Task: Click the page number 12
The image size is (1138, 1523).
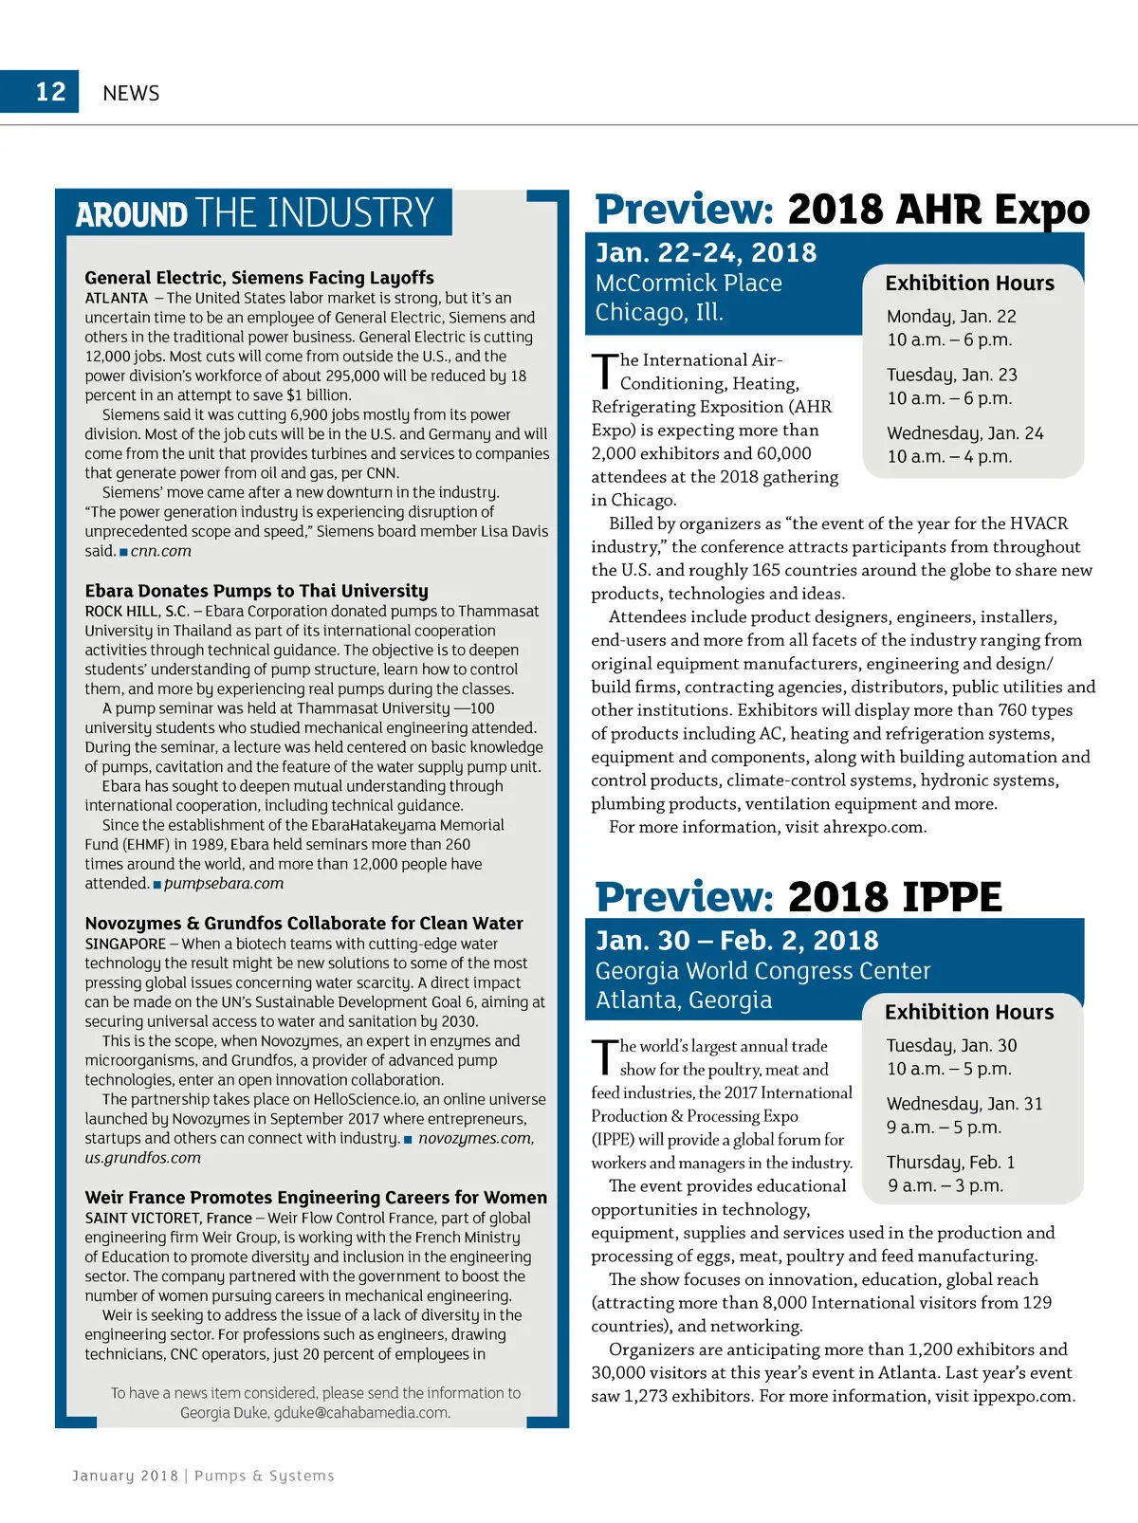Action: [x=50, y=92]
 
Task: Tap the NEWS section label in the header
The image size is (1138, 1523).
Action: [x=131, y=93]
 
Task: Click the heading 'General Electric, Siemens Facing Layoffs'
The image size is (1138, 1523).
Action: [x=259, y=278]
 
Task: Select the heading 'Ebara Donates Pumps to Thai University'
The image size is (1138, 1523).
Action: [x=256, y=591]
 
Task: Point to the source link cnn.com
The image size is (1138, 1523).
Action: [x=160, y=551]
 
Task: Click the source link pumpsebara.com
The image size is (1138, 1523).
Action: [x=223, y=884]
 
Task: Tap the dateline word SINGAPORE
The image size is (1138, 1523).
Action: [x=125, y=945]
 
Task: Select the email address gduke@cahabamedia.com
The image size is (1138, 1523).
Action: [x=361, y=1413]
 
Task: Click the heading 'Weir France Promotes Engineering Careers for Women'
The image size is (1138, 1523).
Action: [x=316, y=1198]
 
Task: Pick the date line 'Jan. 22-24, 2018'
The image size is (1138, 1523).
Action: [x=706, y=253]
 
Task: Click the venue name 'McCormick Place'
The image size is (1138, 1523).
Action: [x=688, y=284]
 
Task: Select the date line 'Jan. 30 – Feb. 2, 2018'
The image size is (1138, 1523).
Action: [x=737, y=941]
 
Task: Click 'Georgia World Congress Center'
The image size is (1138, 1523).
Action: [x=762, y=971]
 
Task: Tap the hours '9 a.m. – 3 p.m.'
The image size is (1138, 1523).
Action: [x=945, y=1186]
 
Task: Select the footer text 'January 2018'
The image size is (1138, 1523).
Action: [x=125, y=1476]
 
